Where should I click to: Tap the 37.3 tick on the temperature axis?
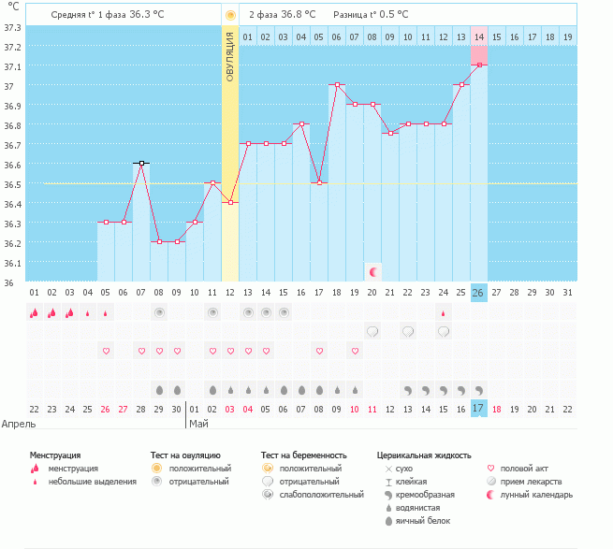coord(12,27)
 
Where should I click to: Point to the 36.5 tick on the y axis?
coord(12,184)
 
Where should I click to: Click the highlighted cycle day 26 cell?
coord(478,293)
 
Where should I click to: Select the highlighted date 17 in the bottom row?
coord(478,409)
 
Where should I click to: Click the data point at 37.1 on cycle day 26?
coord(478,65)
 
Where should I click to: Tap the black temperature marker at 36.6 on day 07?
coord(141,163)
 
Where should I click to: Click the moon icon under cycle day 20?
coord(372,271)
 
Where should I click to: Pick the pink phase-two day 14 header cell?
coord(478,36)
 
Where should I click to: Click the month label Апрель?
coord(20,424)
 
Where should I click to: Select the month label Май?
coord(198,424)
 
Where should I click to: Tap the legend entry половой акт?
coord(522,468)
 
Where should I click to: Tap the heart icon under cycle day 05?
coord(106,351)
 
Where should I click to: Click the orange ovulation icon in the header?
coord(230,16)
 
